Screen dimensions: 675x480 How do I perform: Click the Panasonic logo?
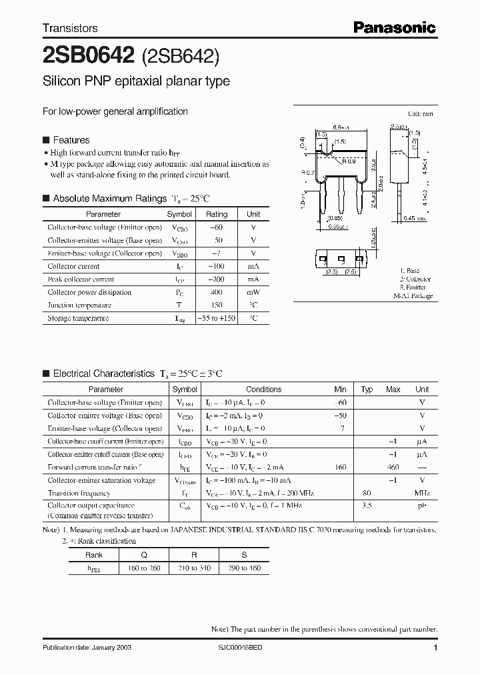tap(394, 27)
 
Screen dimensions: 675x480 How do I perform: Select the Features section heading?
tap(71, 140)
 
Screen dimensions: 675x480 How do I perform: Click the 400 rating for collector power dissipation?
tap(217, 292)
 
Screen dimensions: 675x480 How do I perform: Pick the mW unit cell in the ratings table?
tap(253, 292)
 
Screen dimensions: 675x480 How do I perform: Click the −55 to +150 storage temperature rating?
tap(217, 318)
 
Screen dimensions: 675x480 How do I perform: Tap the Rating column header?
tap(217, 214)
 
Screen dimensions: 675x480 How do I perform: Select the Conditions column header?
tap(264, 390)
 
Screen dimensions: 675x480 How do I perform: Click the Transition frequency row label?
tap(79, 494)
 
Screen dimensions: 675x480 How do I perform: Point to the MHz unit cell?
tap(421, 494)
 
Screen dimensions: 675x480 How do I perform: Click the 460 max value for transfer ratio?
tap(393, 468)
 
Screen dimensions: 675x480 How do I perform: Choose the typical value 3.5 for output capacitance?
tap(367, 506)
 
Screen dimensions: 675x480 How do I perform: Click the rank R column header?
tap(193, 555)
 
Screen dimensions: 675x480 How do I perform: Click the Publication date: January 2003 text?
tap(84, 648)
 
